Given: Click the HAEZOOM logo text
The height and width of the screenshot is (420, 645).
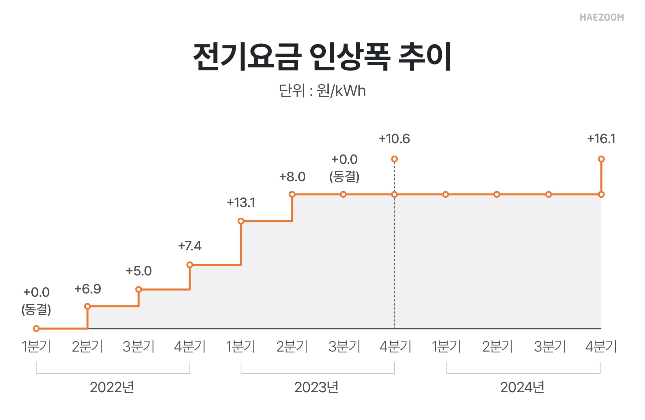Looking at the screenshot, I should (601, 17).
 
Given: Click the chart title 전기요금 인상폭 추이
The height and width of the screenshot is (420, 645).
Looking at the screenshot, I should (322, 56).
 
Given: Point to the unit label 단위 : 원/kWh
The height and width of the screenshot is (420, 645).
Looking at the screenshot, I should (322, 91).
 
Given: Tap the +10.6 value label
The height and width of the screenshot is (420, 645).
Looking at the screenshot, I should (394, 139).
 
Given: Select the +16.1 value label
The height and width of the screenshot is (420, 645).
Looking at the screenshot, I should (601, 139).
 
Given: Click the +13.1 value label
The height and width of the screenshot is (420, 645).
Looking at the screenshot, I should (241, 203).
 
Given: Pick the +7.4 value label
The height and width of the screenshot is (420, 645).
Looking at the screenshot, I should (190, 246).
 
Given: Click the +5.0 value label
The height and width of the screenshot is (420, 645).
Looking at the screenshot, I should (139, 271).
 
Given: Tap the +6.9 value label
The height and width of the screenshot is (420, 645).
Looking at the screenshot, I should (87, 289).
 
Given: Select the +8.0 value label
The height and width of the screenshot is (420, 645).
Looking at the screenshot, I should (292, 177).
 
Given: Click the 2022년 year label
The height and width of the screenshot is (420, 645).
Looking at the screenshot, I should (112, 388).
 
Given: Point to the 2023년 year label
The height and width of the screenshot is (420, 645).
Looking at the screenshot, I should (316, 388).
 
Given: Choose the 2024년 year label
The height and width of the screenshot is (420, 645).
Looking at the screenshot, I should (522, 388).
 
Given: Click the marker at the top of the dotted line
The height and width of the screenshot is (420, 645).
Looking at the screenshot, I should (394, 159).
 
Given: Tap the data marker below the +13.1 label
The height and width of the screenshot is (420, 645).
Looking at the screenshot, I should (241, 221).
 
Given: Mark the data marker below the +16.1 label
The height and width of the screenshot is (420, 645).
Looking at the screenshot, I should (601, 159).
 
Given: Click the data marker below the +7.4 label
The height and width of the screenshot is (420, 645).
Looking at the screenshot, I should (190, 265).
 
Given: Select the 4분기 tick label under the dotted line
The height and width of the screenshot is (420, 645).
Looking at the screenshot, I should (395, 347).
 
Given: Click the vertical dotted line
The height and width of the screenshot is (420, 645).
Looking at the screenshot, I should (394, 260).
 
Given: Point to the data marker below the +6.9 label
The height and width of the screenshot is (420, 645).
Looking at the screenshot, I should (87, 306).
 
